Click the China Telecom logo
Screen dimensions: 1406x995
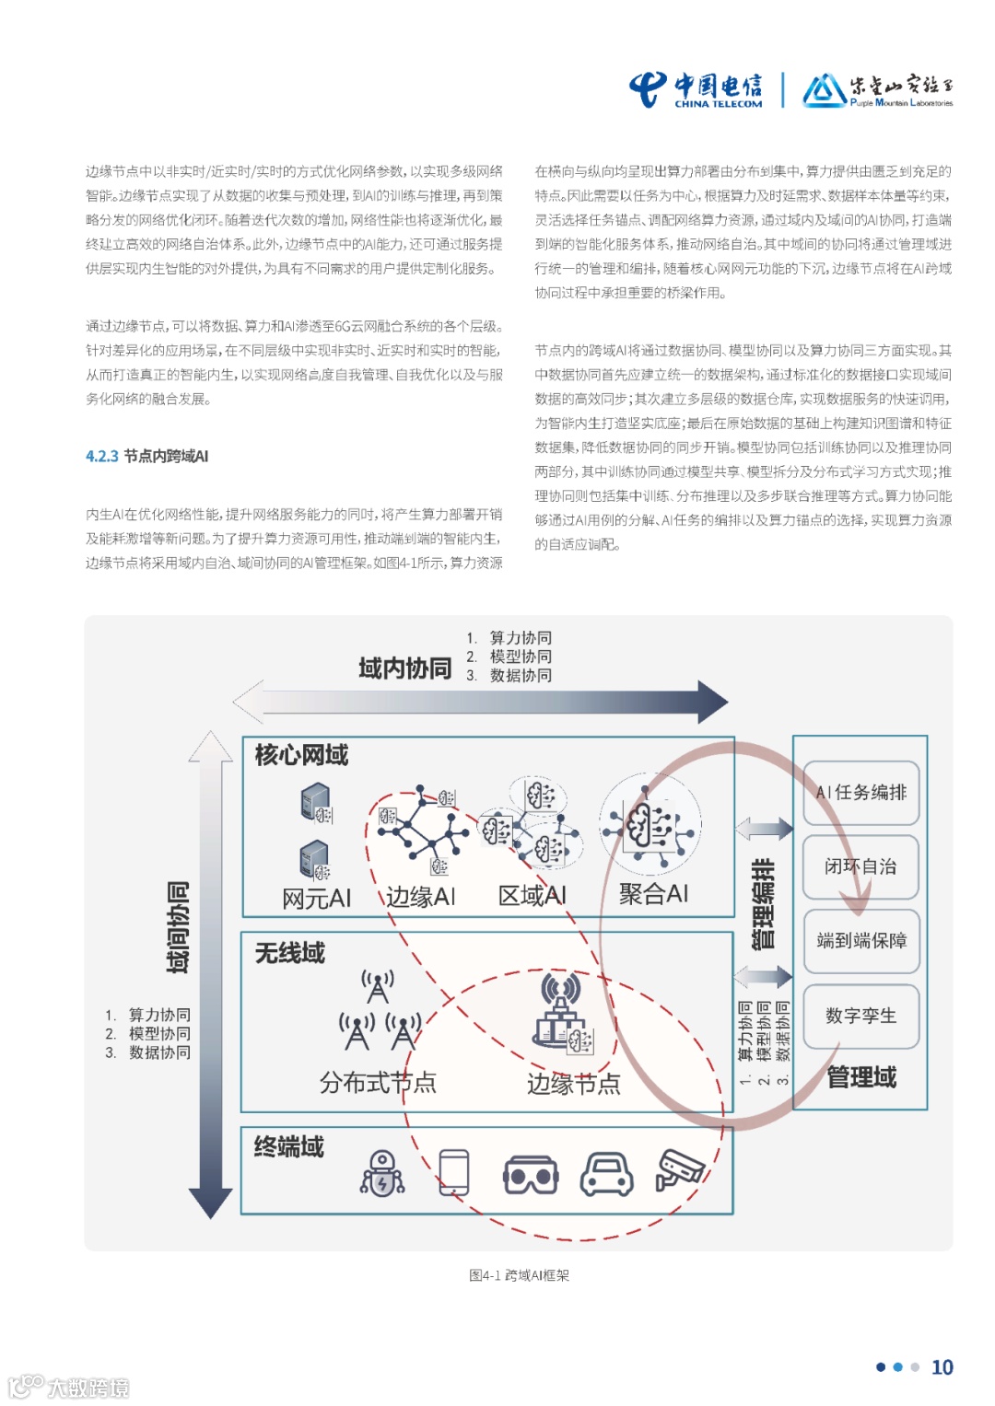click(x=696, y=89)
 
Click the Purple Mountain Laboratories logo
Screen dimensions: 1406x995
click(x=877, y=90)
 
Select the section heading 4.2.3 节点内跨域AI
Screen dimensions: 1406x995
click(x=147, y=456)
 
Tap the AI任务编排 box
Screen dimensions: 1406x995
click(x=861, y=792)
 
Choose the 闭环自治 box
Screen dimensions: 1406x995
click(x=861, y=866)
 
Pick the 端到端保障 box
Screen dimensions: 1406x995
click(x=861, y=940)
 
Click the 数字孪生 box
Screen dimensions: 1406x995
click(x=861, y=1016)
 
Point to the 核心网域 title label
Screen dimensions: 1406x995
click(x=301, y=755)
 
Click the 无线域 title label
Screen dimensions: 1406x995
click(x=290, y=953)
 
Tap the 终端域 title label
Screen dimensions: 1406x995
click(x=289, y=1146)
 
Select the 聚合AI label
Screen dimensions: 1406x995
click(x=653, y=893)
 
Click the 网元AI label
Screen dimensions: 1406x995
click(x=316, y=899)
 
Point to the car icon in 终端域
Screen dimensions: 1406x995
click(x=606, y=1174)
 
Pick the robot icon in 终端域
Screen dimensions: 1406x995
click(x=382, y=1173)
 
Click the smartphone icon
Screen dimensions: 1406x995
click(x=454, y=1173)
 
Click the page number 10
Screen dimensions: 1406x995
click(x=942, y=1367)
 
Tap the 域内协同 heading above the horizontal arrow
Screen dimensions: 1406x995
click(x=405, y=668)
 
